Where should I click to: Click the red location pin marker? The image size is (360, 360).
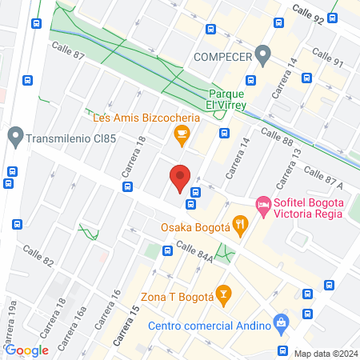point(180,177)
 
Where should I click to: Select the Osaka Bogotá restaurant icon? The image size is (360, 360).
point(238,225)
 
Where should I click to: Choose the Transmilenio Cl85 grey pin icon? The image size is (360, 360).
point(14,136)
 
